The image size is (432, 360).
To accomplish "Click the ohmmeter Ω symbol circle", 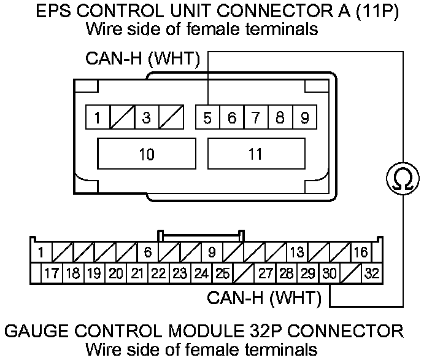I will click(x=403, y=179).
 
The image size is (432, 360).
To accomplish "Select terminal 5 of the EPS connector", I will click(x=208, y=117).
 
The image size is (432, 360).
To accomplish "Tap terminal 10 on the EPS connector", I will click(x=147, y=154).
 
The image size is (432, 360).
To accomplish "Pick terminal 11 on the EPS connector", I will click(x=256, y=154).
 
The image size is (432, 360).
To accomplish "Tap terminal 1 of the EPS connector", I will click(x=98, y=117).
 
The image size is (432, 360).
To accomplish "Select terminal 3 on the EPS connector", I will click(x=146, y=117).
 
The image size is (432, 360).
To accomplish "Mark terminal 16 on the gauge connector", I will click(x=361, y=252).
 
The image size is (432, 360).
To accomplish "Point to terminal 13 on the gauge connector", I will click(x=297, y=252).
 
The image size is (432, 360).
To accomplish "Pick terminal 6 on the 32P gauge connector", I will click(x=147, y=252).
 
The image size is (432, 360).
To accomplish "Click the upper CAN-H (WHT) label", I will click(x=142, y=59).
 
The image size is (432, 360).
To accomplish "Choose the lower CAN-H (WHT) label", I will click(x=264, y=299).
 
